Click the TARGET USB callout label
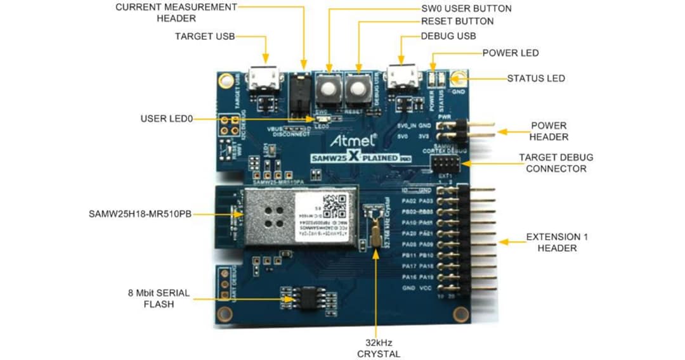pos(204,37)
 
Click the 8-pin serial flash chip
pos(303,297)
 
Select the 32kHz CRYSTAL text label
pos(379,348)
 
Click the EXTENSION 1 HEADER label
pos(557,242)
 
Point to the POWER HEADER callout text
pos(549,131)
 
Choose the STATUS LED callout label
pos(536,79)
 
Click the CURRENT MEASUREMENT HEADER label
pos(176,13)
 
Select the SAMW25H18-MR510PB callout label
pos(140,215)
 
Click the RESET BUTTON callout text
pos(457,22)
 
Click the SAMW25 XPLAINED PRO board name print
pos(356,157)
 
